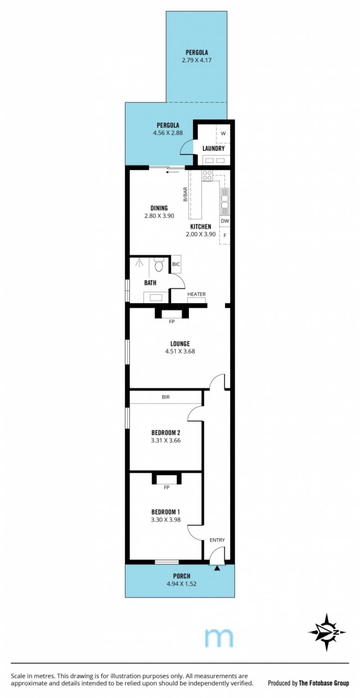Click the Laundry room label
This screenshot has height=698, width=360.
coord(213,148)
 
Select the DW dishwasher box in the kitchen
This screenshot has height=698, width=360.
coord(225,221)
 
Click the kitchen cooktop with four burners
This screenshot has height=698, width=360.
coord(207,176)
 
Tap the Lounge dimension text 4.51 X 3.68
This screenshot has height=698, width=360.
coord(180,351)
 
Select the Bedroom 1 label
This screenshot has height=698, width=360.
coord(165,512)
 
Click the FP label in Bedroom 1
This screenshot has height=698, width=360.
coord(166,487)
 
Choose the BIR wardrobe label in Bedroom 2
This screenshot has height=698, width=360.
coord(166,397)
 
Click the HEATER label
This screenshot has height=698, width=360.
coord(196,294)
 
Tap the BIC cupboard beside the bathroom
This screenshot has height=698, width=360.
coord(176,264)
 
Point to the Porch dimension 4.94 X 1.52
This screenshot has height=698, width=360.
coord(181,584)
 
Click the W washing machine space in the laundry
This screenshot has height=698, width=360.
coord(223,133)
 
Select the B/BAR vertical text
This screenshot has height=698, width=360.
coord(185,194)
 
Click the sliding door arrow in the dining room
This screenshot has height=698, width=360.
coord(172,171)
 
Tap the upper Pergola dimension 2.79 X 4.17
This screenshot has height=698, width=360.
coord(197,60)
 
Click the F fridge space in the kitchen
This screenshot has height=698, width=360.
coord(225,236)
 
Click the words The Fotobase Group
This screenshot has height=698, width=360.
coord(324,683)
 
